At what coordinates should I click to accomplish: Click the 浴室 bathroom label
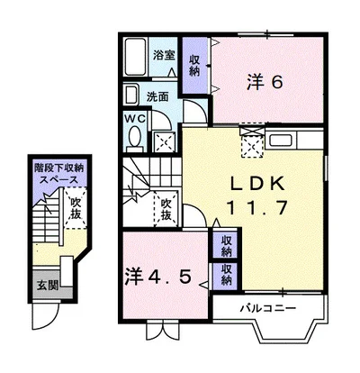pyautogui.click(x=164, y=55)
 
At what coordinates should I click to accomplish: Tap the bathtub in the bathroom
pyautogui.click(x=136, y=57)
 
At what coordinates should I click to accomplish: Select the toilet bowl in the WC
pyautogui.click(x=134, y=137)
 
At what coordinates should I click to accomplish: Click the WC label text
pyautogui.click(x=135, y=118)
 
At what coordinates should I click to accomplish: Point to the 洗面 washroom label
pyautogui.click(x=157, y=96)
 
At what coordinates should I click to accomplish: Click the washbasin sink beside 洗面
pyautogui.click(x=131, y=95)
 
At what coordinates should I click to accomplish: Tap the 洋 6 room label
pyautogui.click(x=265, y=82)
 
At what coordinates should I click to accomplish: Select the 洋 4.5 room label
pyautogui.click(x=158, y=277)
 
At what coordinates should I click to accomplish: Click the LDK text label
pyautogui.click(x=256, y=184)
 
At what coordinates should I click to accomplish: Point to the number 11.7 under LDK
pyautogui.click(x=256, y=207)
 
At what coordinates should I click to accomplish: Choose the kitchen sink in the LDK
pyautogui.click(x=281, y=141)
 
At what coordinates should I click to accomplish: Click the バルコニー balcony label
pyautogui.click(x=268, y=308)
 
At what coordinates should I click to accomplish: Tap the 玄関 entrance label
pyautogui.click(x=48, y=286)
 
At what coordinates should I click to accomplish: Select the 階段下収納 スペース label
pyautogui.click(x=59, y=174)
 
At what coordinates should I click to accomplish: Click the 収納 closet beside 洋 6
pyautogui.click(x=194, y=66)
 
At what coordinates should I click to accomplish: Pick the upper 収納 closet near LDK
pyautogui.click(x=227, y=246)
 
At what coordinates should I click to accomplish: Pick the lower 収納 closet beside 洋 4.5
pyautogui.click(x=227, y=275)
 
